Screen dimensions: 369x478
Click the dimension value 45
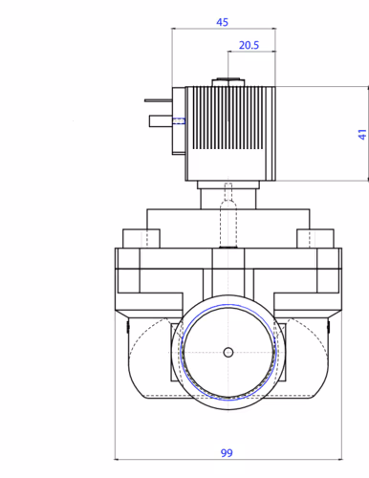point(222,22)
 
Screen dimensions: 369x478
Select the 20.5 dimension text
point(249,45)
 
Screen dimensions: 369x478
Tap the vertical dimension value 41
point(362,134)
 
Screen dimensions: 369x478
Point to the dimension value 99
point(227,452)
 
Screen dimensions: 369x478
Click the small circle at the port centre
point(228,353)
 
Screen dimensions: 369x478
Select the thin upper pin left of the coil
point(159,100)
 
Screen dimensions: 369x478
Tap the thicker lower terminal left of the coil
point(161,121)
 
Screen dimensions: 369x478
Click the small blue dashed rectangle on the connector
point(179,121)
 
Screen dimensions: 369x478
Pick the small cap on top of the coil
point(228,82)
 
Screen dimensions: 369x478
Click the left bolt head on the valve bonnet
point(141,238)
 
